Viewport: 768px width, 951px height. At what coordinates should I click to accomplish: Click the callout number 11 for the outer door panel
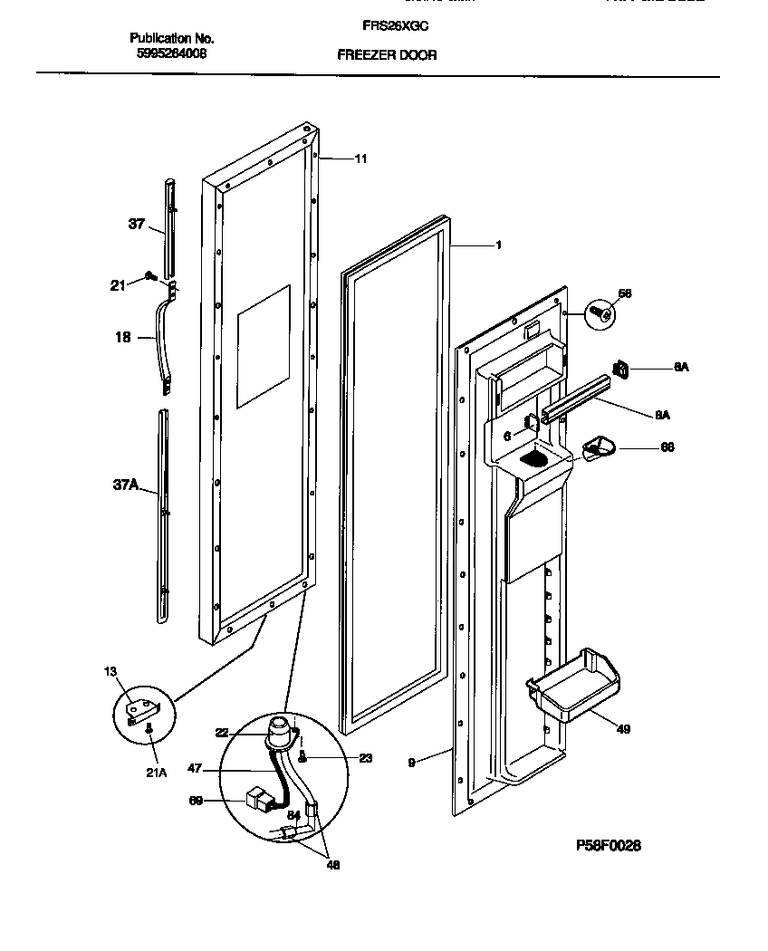(360, 158)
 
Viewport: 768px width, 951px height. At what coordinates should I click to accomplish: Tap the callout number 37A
(125, 486)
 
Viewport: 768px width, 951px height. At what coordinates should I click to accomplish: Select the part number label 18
(121, 337)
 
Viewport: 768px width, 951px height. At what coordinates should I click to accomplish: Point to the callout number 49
(623, 728)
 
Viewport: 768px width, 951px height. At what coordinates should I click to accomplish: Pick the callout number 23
(365, 758)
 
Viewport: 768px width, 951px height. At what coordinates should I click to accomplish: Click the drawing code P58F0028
(608, 845)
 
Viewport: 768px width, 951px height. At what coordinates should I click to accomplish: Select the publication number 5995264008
(172, 54)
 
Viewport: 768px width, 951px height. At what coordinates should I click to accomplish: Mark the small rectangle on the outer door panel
(263, 345)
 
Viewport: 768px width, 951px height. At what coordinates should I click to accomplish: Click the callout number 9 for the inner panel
(411, 763)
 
